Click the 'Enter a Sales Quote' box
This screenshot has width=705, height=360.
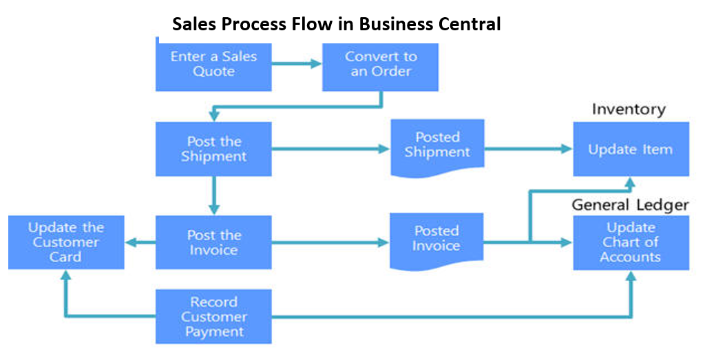pyautogui.click(x=213, y=64)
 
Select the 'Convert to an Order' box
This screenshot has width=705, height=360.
pyautogui.click(x=380, y=64)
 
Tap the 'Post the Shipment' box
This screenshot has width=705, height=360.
pyautogui.click(x=213, y=149)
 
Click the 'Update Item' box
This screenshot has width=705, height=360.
pyautogui.click(x=631, y=149)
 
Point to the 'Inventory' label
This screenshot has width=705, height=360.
pyautogui.click(x=629, y=109)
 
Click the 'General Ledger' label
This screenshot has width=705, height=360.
pyautogui.click(x=630, y=204)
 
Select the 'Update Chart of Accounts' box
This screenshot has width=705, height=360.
pyautogui.click(x=631, y=242)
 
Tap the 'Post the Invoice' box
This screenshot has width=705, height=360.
pyautogui.click(x=213, y=242)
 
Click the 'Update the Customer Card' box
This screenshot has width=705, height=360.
pyautogui.click(x=66, y=242)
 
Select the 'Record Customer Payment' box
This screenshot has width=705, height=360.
pyautogui.click(x=213, y=317)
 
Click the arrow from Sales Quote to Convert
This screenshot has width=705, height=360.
pyautogui.click(x=297, y=64)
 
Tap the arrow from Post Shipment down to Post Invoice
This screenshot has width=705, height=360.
pyautogui.click(x=213, y=195)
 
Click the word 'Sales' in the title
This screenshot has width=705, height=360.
pyautogui.click(x=195, y=25)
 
